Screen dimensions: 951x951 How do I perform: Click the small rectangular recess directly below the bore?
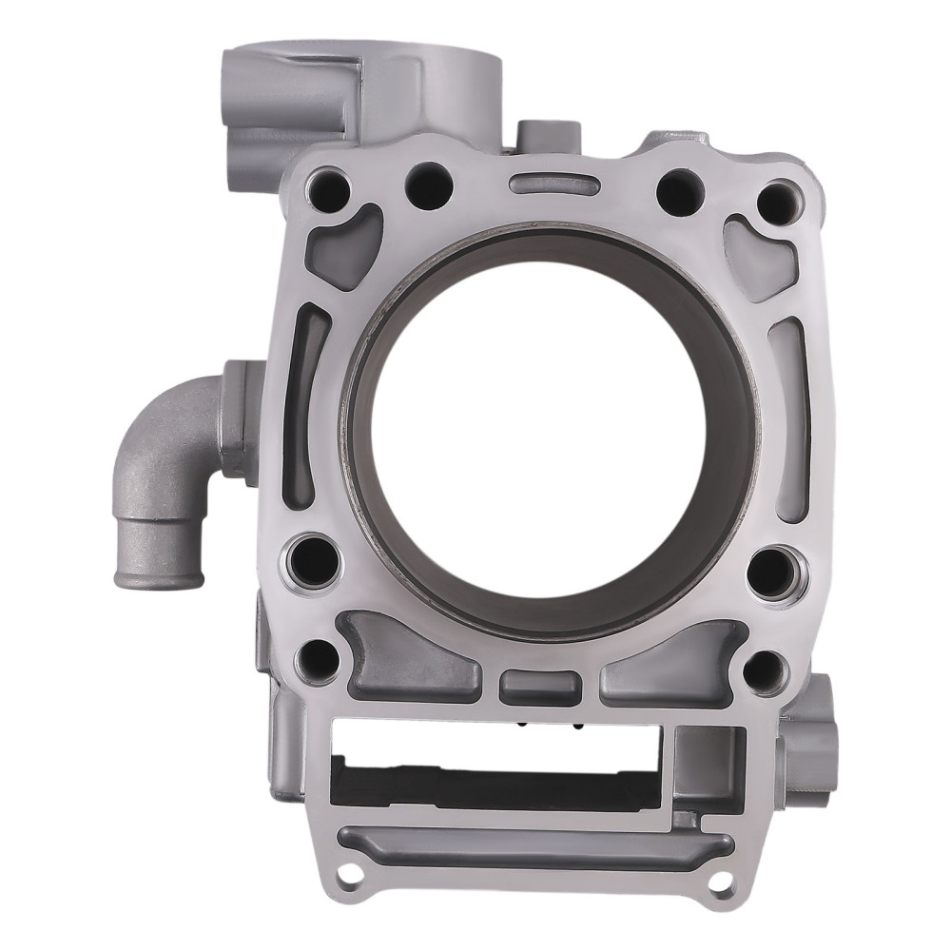click(539, 684)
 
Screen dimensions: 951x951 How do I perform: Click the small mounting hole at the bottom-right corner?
click(720, 882)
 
